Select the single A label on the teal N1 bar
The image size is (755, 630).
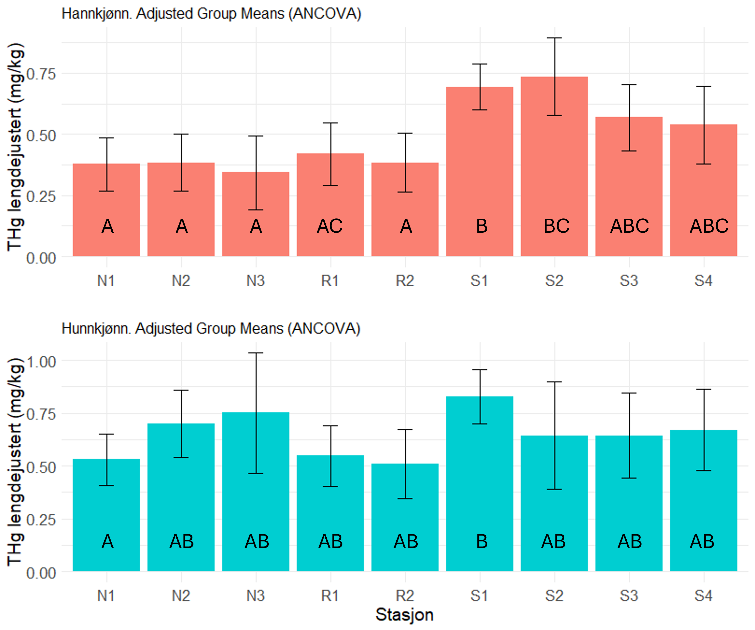point(108,541)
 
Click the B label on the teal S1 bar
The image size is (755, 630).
point(482,541)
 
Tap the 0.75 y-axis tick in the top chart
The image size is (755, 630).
point(41,74)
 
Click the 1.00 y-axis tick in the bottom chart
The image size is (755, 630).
point(41,362)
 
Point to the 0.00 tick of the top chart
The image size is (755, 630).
point(41,258)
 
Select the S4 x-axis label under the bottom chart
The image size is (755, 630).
point(703,596)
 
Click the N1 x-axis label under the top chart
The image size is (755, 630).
point(106,281)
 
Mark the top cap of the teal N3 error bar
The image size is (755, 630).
point(256,353)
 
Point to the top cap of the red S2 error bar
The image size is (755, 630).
point(554,38)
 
